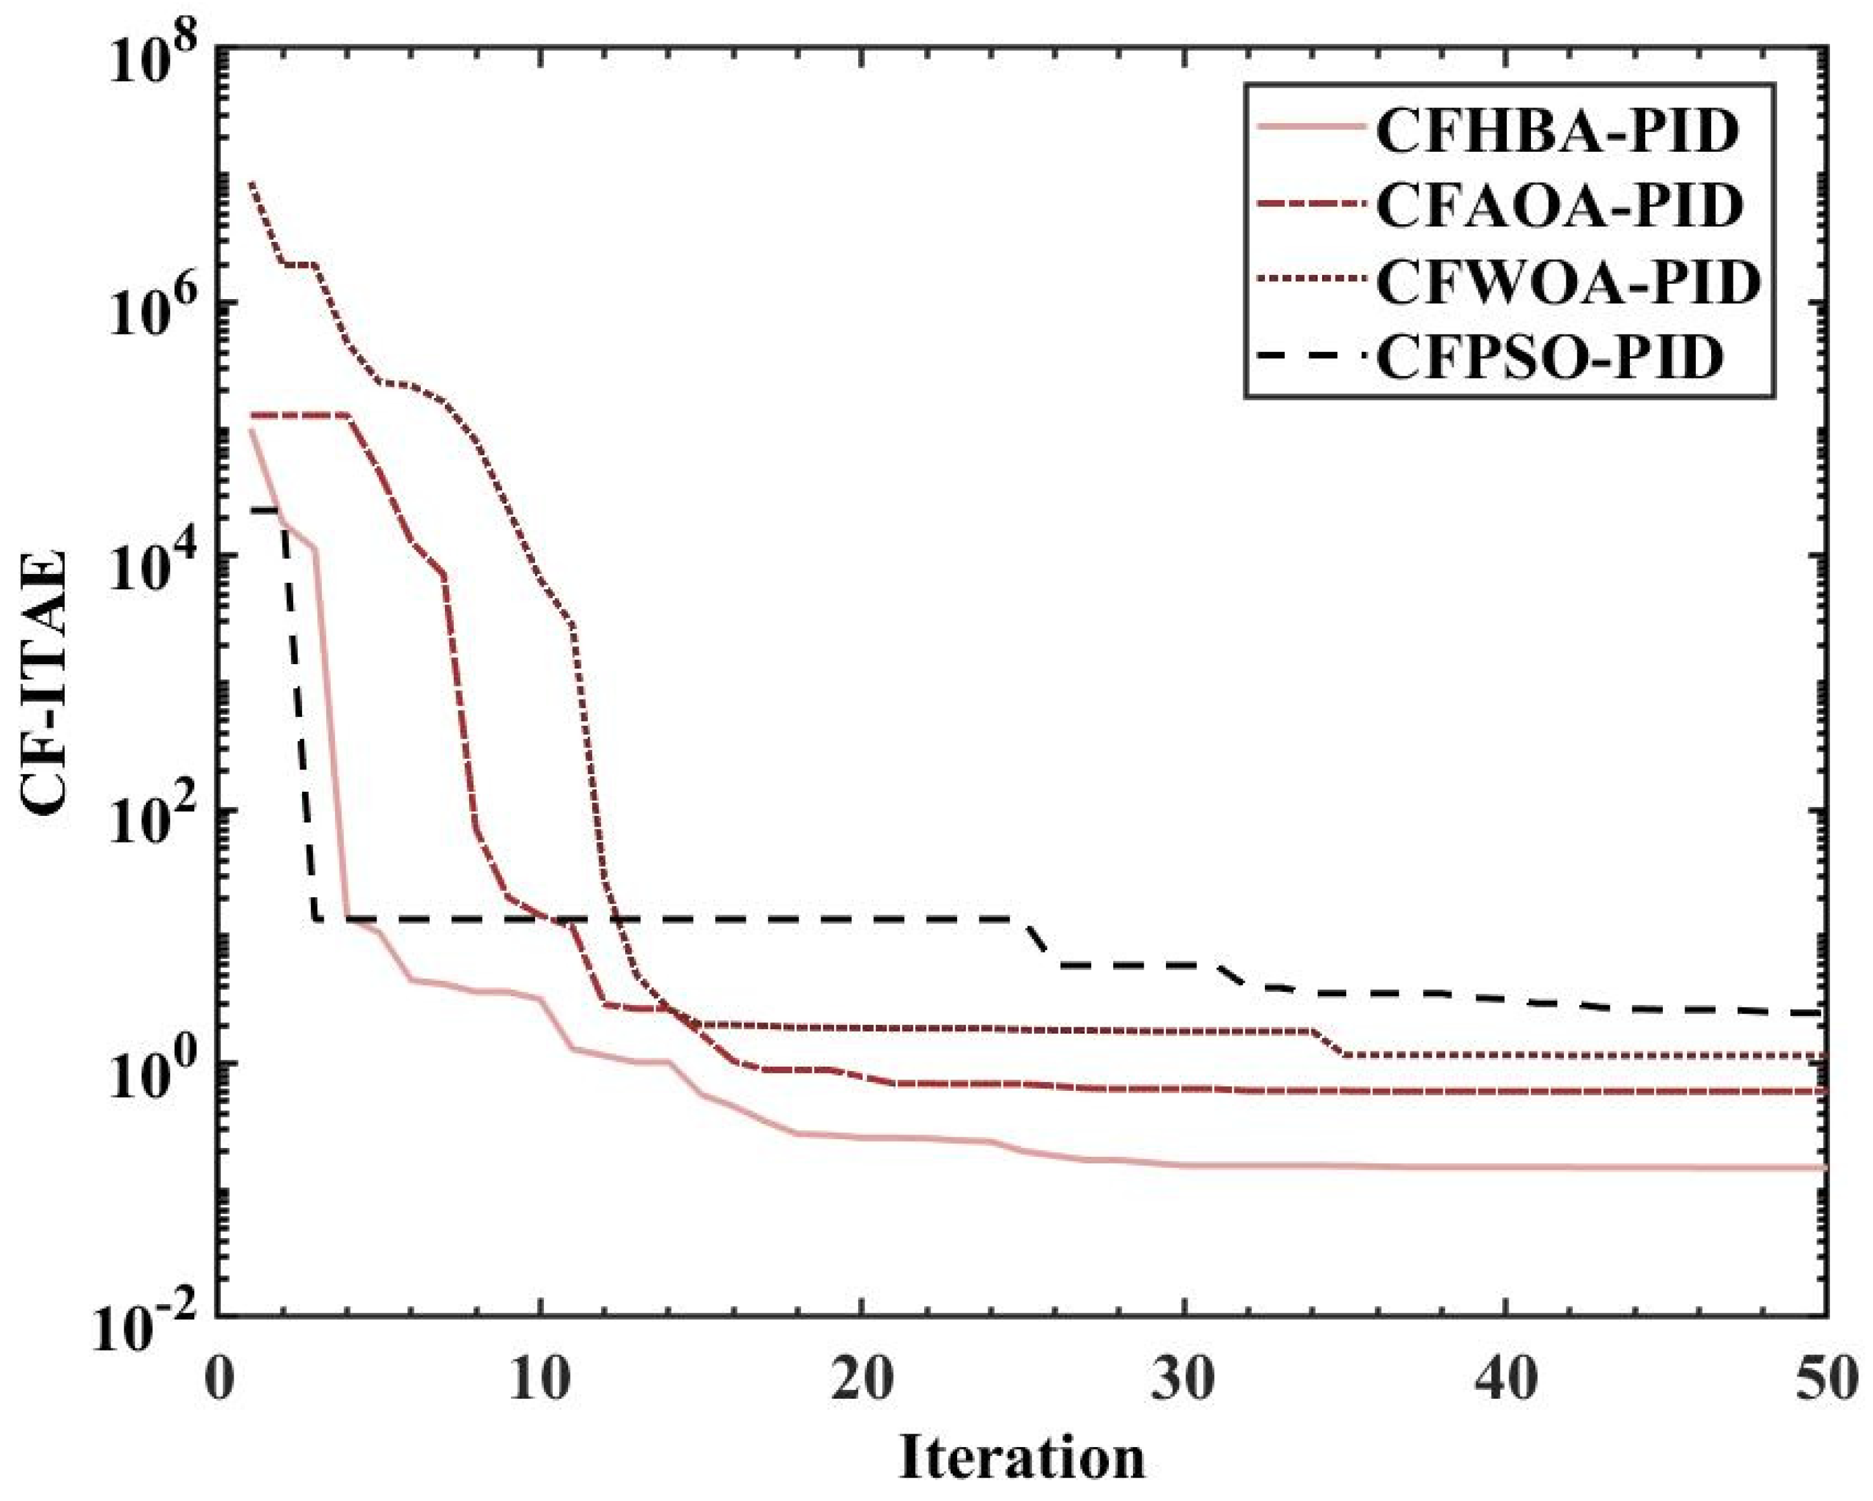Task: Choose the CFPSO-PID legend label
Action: (1545, 358)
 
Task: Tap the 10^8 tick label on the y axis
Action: (158, 61)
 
